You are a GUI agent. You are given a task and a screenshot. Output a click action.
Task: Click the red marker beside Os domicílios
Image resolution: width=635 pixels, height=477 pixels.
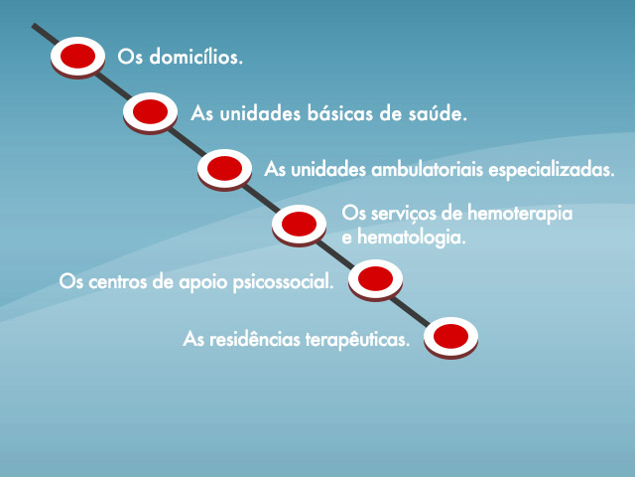coord(77,57)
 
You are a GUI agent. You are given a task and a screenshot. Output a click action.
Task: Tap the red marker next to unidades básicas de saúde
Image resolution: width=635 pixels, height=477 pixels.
coord(150,112)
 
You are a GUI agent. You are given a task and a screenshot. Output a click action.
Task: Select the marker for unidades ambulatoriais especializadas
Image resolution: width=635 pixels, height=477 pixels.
coord(225,169)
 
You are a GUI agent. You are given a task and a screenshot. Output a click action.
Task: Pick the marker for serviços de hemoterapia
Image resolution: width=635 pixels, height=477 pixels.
coord(299,225)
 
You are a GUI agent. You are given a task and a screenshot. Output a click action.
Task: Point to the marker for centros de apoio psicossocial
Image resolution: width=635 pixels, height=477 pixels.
coord(375,279)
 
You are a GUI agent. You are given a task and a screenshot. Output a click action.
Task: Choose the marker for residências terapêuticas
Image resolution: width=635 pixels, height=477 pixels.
coord(450,337)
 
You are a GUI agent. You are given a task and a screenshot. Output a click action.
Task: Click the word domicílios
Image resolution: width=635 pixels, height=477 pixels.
coord(196,57)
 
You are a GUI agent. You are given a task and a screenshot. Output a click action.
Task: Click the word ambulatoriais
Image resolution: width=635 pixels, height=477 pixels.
coord(428,170)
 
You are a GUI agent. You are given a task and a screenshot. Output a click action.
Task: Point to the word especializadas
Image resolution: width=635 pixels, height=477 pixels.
coord(552,170)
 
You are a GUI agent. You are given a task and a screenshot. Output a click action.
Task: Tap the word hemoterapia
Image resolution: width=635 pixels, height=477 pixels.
coord(520,215)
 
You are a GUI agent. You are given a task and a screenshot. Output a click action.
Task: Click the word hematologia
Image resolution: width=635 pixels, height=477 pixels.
coord(412,238)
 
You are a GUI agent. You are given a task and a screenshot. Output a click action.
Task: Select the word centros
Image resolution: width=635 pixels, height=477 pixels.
coord(118,282)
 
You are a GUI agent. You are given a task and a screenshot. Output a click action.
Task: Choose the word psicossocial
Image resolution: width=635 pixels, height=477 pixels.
coord(284,282)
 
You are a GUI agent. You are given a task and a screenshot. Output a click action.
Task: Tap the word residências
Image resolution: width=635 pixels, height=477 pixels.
coord(255,339)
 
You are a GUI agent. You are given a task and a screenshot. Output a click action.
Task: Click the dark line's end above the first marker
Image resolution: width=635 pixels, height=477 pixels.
coord(34,25)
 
